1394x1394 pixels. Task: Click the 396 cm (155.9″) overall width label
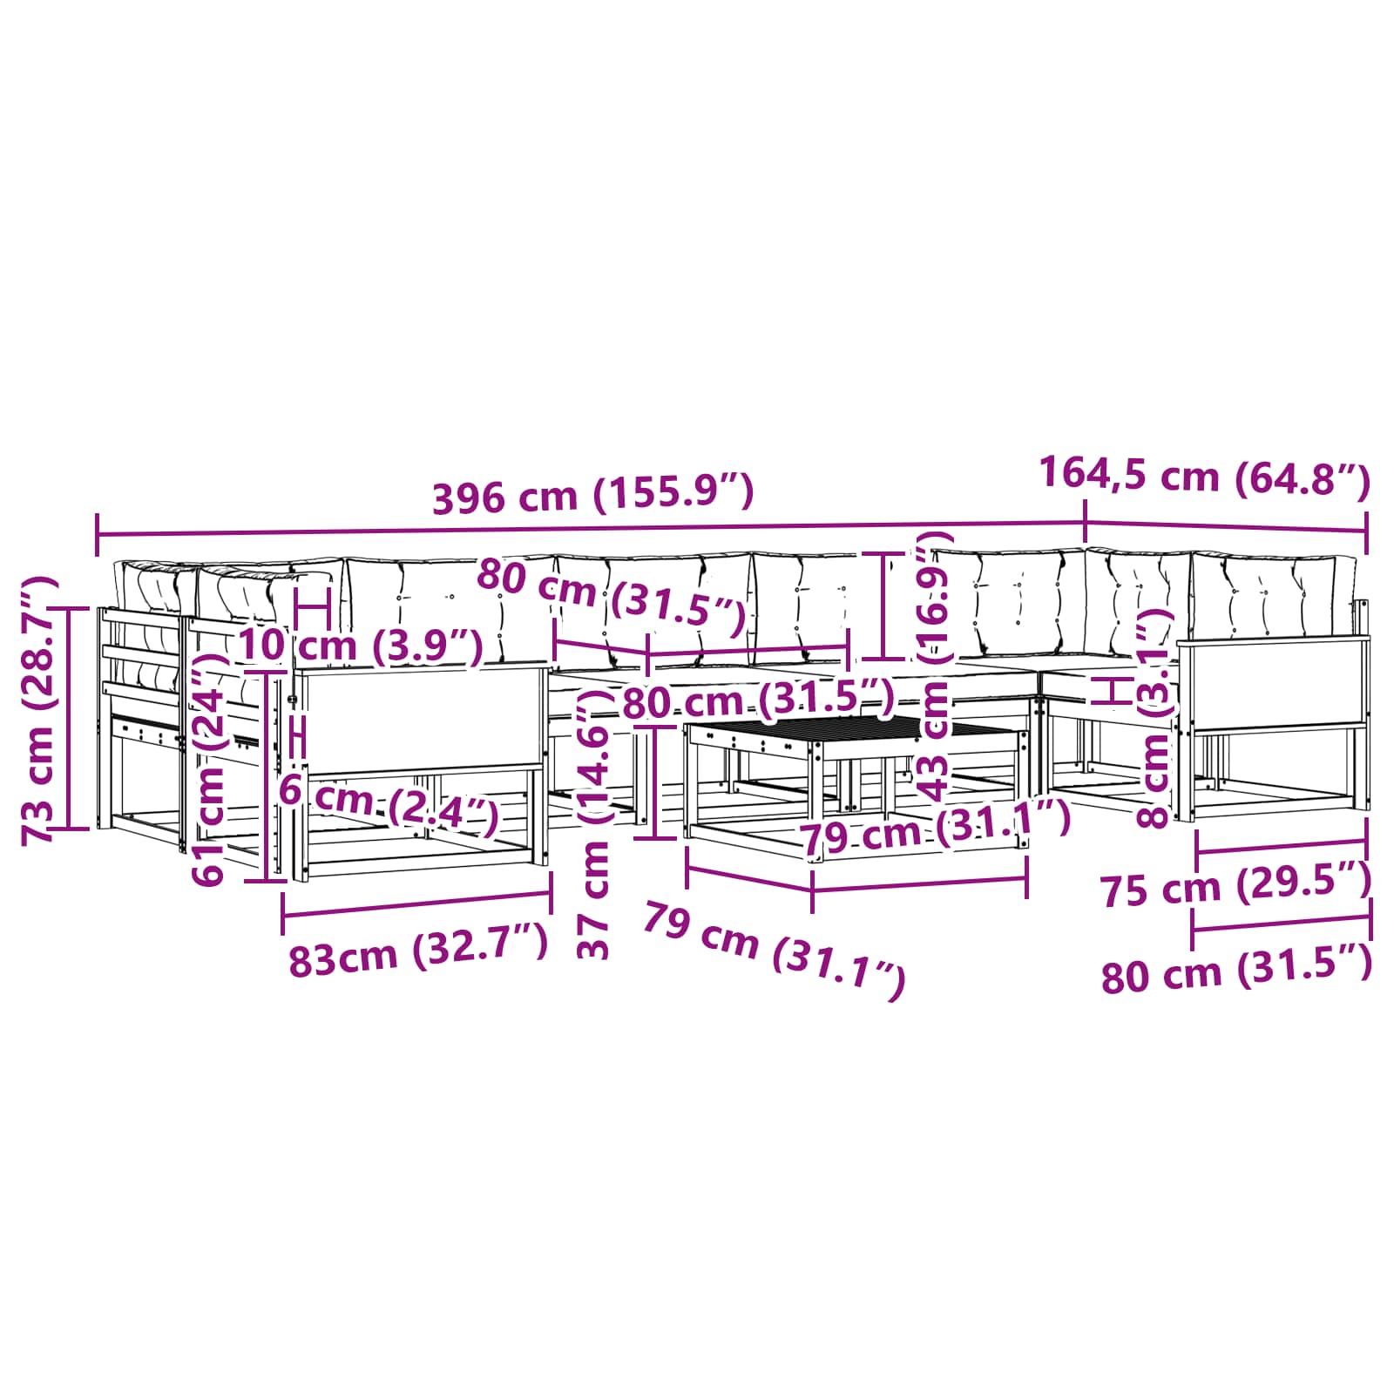592,495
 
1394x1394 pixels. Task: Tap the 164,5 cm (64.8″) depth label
1205,477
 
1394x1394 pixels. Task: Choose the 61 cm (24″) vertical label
211,768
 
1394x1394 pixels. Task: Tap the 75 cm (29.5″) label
1236,884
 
